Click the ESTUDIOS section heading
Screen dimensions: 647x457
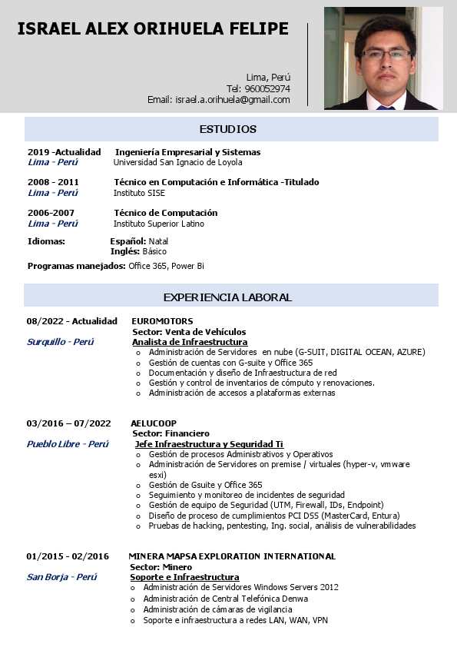click(x=228, y=129)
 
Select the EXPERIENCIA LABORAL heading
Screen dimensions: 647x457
click(x=227, y=297)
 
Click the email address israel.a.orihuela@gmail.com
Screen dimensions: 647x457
click(x=233, y=100)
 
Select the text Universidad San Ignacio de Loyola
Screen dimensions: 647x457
click(x=177, y=162)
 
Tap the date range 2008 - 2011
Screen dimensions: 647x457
click(x=53, y=182)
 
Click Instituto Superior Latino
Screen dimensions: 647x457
click(x=159, y=224)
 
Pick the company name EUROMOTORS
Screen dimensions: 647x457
click(x=162, y=321)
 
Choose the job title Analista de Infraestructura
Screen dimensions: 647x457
click(x=190, y=342)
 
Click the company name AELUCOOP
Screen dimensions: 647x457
click(x=154, y=423)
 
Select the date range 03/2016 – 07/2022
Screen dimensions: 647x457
click(x=68, y=423)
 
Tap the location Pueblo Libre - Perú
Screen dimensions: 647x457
click(x=68, y=444)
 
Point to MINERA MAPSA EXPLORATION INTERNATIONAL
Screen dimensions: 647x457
click(x=232, y=556)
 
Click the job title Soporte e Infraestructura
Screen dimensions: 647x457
click(x=184, y=577)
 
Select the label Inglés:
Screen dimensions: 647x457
click(x=124, y=251)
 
